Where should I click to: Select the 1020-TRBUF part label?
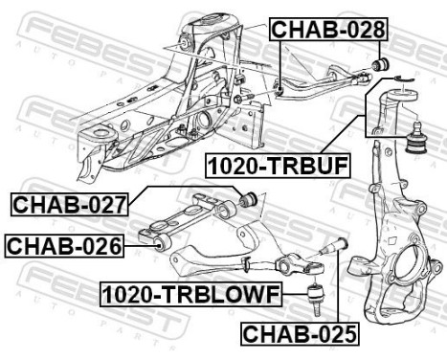click(x=279, y=165)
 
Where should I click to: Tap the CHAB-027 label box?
click(x=68, y=203)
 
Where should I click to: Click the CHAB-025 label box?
click(x=298, y=334)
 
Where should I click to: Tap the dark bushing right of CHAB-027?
click(x=250, y=198)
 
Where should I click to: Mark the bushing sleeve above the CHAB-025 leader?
click(x=339, y=244)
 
